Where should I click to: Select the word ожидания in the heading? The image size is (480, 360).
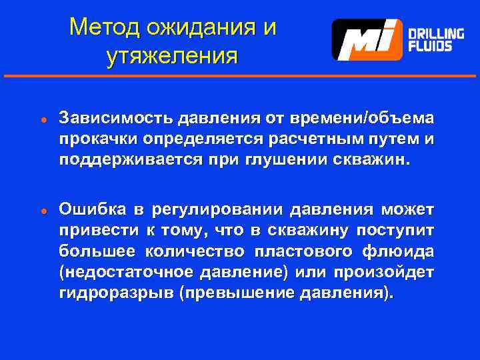(x=203, y=27)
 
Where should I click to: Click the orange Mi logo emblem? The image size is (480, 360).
(x=367, y=39)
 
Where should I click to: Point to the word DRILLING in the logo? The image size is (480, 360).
(x=436, y=33)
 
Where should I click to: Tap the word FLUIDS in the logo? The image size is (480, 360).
(x=430, y=47)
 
